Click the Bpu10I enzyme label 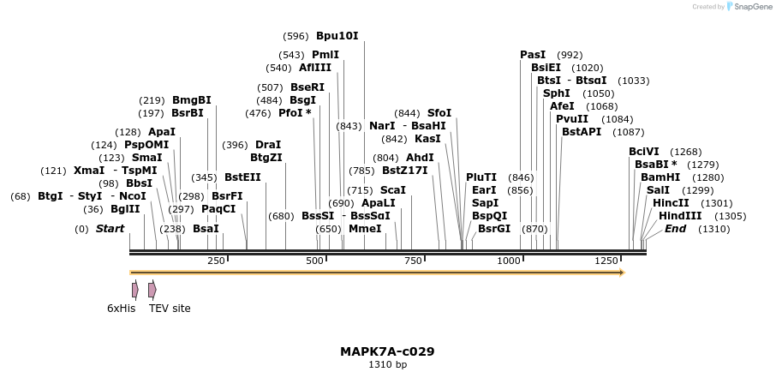337,36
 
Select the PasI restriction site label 532,55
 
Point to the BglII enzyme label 125,209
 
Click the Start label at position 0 110,229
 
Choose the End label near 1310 675,229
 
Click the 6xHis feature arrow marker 134,291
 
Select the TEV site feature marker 152,291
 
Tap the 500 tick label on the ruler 314,261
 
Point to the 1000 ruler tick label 509,261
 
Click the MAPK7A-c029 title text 387,351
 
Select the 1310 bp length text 387,365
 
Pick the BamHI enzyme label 660,177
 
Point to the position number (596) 295,36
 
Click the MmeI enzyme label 365,229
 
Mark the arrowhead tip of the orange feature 624,273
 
